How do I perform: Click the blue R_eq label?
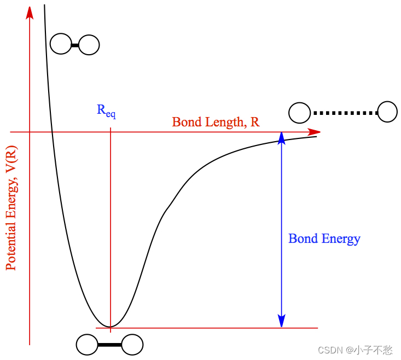(106, 111)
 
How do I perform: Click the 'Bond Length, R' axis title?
(216, 122)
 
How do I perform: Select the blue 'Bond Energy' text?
(324, 239)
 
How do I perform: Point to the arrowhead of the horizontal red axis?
(315, 132)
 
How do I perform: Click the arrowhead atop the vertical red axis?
(29, 11)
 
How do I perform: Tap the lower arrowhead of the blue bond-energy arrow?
(281, 322)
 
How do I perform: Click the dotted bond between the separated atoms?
(346, 113)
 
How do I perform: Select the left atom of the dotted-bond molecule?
(299, 113)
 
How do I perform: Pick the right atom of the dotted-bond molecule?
(388, 112)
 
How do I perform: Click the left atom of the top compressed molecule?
(60, 44)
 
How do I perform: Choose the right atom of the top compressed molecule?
(89, 45)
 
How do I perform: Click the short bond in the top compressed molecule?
(75, 45)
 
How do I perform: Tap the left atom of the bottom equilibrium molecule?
(87, 345)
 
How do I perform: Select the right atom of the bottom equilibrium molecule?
(132, 345)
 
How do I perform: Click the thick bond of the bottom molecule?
(109, 345)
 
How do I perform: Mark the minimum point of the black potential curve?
(111, 327)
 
